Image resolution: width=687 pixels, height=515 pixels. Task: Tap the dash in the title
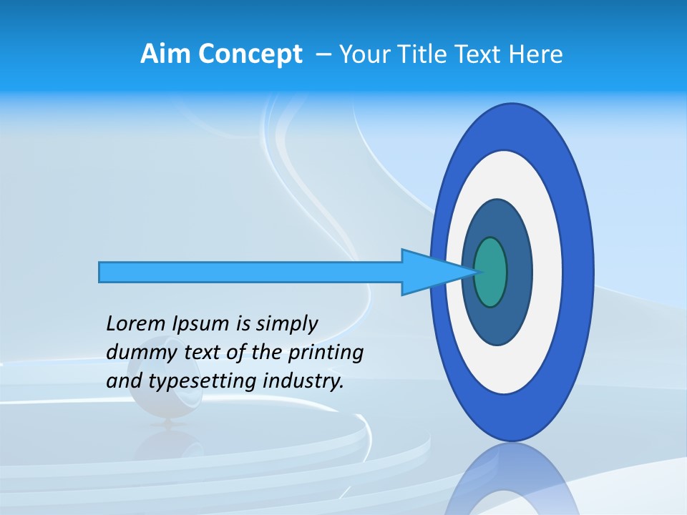(x=323, y=54)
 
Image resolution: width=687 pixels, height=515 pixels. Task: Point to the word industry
(x=303, y=381)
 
